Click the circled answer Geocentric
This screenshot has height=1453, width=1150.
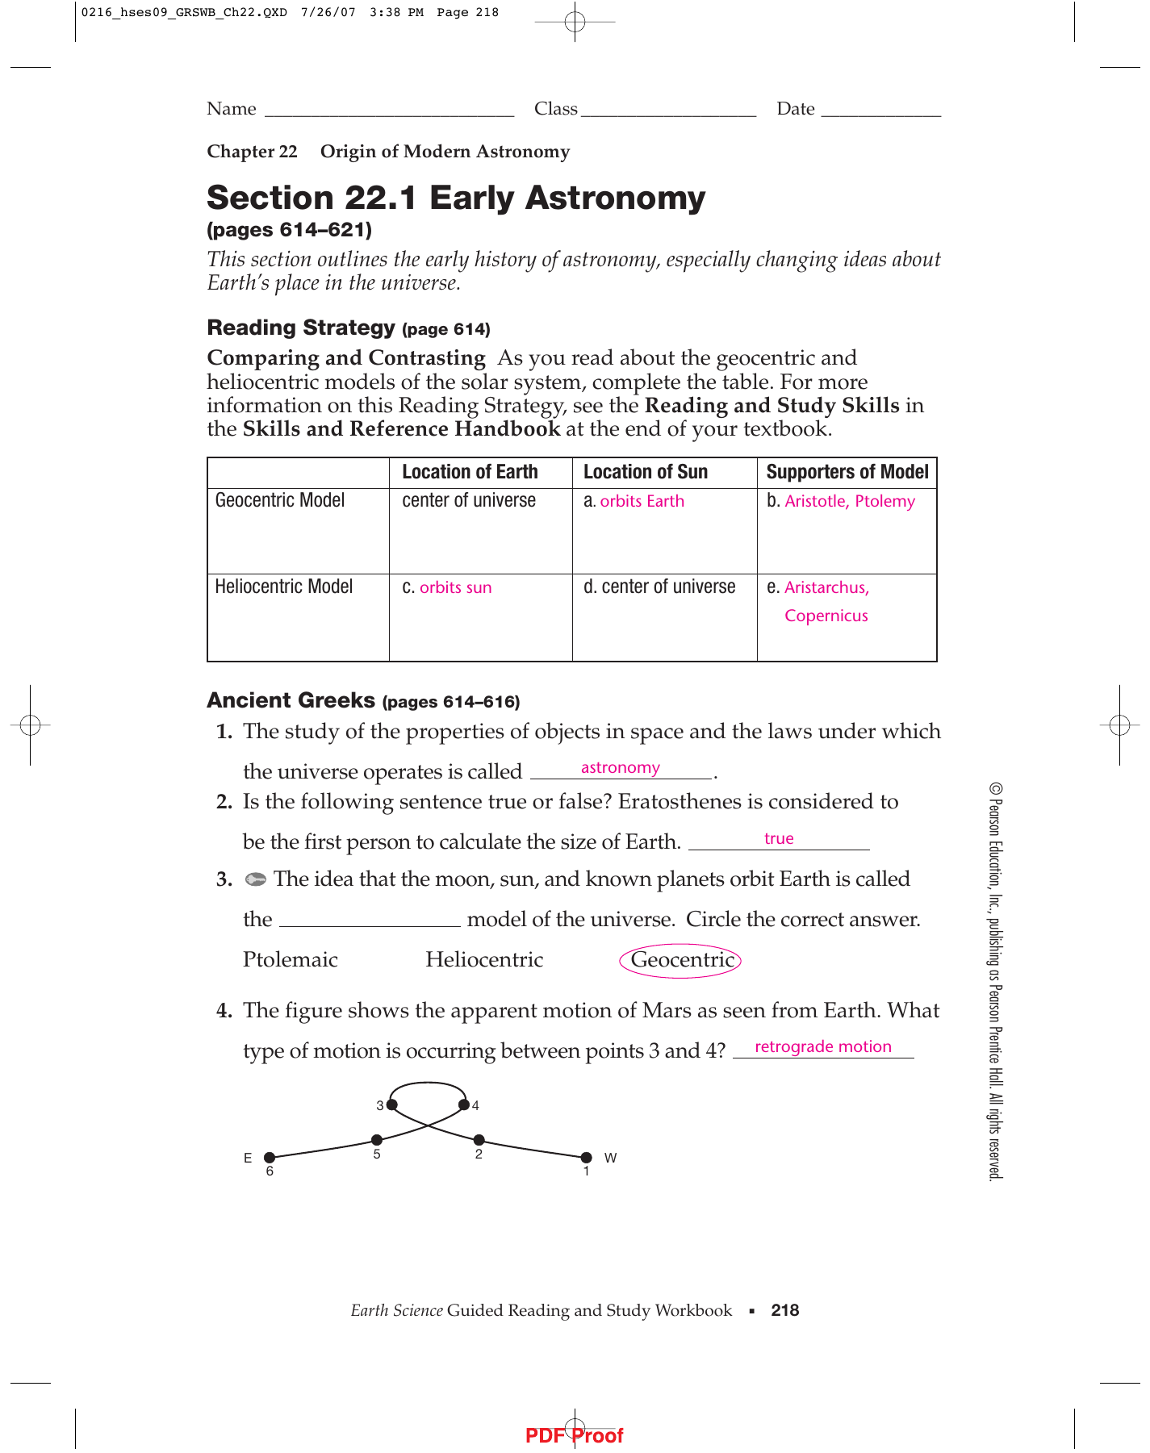(680, 960)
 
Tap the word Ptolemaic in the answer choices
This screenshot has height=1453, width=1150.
(291, 960)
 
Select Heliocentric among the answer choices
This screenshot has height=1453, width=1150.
(484, 960)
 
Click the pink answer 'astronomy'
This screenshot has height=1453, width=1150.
(620, 768)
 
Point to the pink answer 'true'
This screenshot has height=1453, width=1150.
(779, 839)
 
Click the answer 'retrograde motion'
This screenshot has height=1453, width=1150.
(822, 1047)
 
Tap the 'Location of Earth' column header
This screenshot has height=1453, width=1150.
(470, 473)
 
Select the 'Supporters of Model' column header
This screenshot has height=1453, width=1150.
(847, 473)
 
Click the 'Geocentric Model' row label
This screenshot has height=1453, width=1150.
(280, 501)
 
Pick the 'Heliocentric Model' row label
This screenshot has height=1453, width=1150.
(284, 587)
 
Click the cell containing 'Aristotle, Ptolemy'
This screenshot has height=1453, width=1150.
(849, 502)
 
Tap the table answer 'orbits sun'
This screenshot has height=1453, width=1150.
(455, 588)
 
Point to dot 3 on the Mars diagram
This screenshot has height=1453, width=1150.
(392, 1104)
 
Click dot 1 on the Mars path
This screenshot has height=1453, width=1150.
(587, 1158)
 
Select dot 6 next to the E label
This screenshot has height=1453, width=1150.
(270, 1158)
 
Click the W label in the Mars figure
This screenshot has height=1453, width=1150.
(610, 1158)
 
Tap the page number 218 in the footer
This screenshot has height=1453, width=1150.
(784, 1310)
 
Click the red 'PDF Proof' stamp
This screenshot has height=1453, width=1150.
(574, 1436)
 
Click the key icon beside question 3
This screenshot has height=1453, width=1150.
(256, 879)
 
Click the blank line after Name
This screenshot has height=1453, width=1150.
(389, 110)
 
